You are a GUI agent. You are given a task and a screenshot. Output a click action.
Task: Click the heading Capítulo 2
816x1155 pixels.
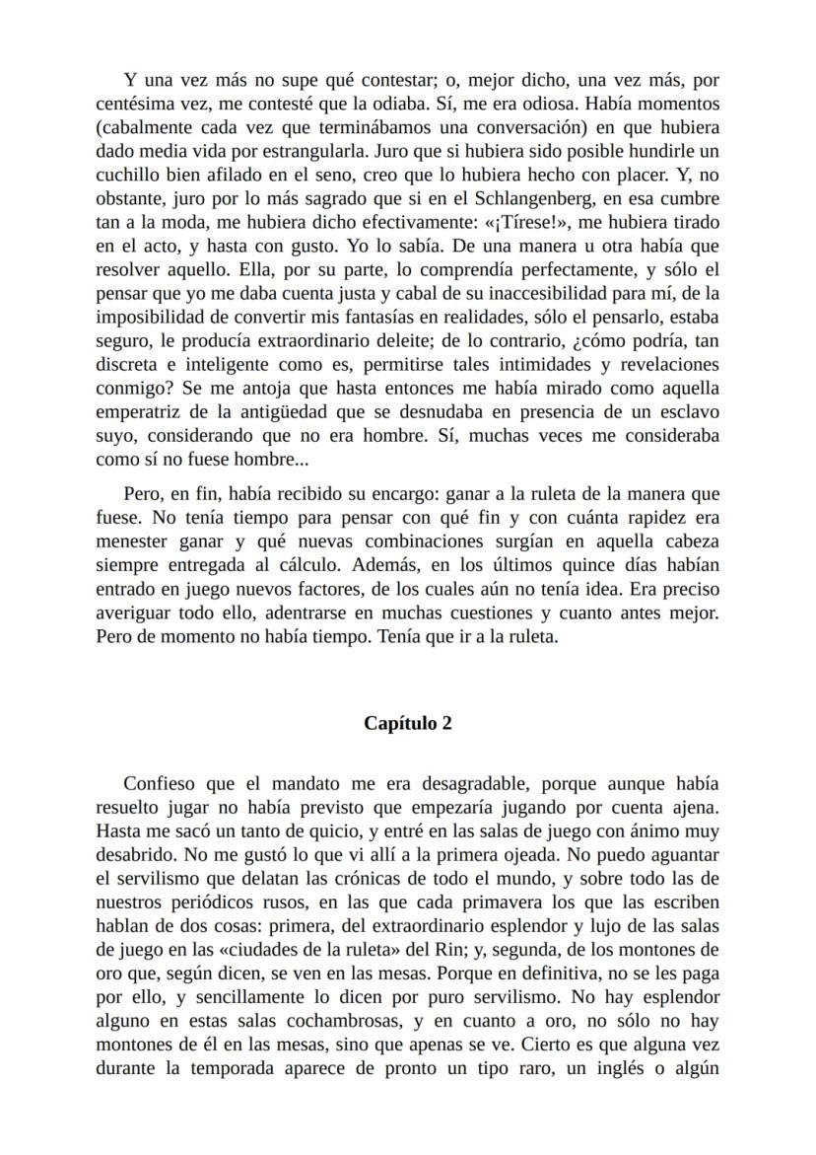408,723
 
